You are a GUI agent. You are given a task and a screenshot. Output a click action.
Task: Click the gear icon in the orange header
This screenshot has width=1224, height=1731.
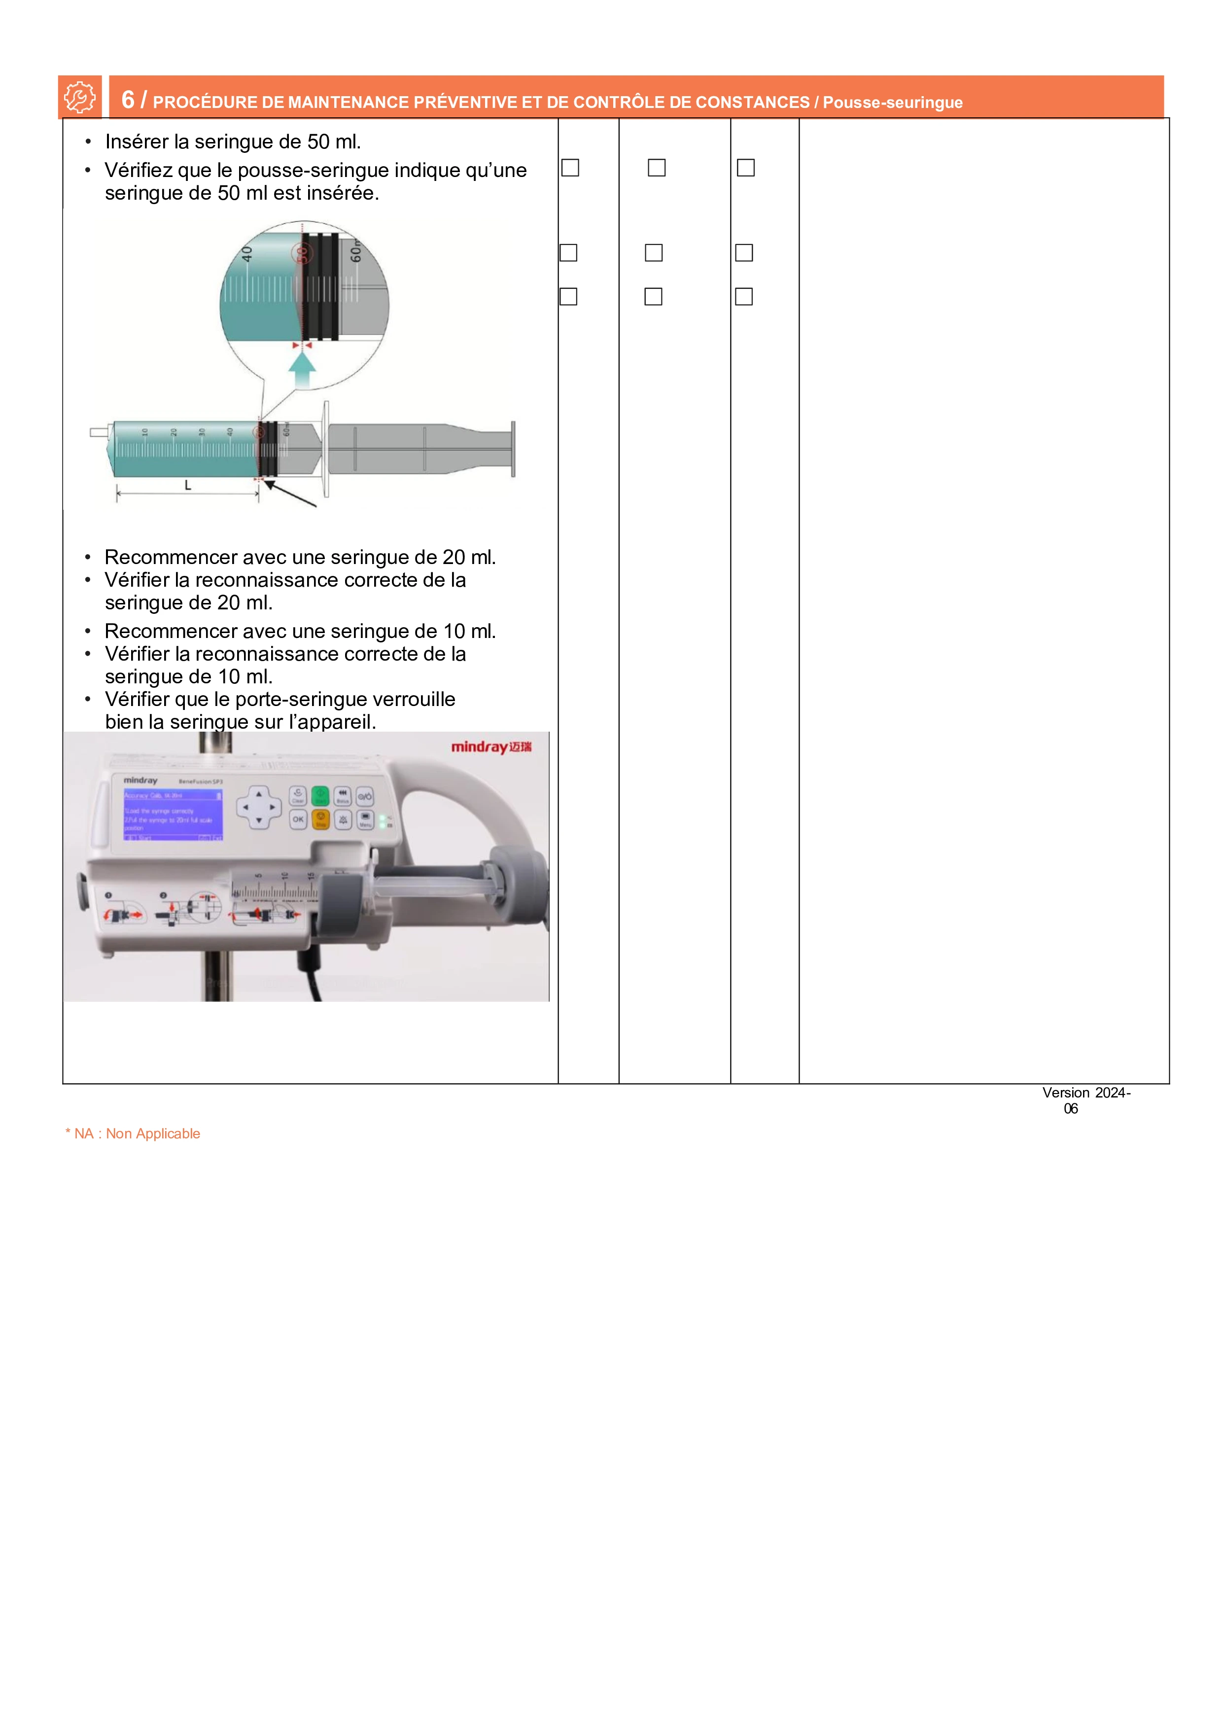[79, 97]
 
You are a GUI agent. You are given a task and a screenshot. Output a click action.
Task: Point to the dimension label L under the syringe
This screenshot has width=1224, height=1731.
[188, 486]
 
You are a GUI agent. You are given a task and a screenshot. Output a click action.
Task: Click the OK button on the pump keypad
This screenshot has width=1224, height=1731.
[298, 819]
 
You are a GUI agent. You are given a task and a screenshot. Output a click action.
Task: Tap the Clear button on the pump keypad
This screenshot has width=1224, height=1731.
[298, 795]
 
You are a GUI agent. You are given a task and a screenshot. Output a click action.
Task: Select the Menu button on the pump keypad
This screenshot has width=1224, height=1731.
[366, 819]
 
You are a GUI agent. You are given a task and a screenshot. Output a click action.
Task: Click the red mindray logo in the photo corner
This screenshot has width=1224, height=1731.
[490, 747]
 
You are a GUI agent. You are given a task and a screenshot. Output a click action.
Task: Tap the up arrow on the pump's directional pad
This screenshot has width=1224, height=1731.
[259, 794]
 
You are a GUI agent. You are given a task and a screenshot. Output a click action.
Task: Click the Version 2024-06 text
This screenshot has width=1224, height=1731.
[1085, 1100]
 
